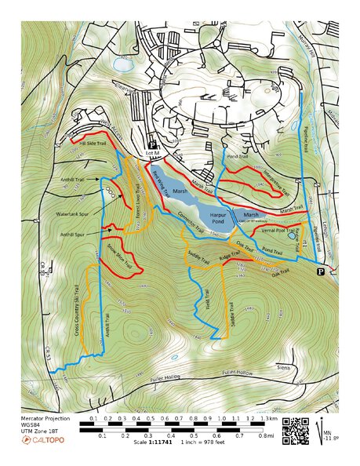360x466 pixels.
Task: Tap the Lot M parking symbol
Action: (x=154, y=147)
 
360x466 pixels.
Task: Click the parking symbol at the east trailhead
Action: (x=320, y=271)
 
